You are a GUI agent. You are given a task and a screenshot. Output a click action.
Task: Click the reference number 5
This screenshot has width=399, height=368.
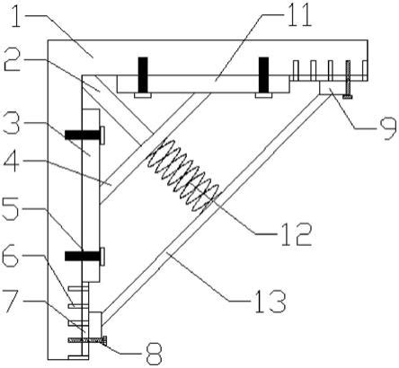11,208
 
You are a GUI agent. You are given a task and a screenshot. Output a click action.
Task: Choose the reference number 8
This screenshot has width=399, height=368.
153,354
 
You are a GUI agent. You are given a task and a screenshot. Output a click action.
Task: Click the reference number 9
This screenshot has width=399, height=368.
386,128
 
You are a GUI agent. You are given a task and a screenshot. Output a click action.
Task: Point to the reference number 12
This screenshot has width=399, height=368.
297,234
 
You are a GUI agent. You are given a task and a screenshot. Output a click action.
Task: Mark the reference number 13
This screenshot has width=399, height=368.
270,302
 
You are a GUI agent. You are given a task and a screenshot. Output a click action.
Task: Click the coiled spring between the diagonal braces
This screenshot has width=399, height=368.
183,176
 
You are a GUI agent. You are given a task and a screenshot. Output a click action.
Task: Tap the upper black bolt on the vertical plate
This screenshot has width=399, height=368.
84,135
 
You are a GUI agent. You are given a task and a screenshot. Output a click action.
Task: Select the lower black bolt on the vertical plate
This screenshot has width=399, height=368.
84,256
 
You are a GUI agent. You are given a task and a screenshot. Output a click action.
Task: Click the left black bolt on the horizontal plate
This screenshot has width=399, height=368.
143,77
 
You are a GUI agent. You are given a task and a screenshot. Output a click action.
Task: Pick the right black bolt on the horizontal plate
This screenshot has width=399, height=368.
263,77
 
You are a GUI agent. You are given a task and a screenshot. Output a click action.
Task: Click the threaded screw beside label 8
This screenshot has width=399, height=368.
88,340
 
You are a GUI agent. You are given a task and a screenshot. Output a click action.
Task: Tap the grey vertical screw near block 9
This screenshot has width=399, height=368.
348,80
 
